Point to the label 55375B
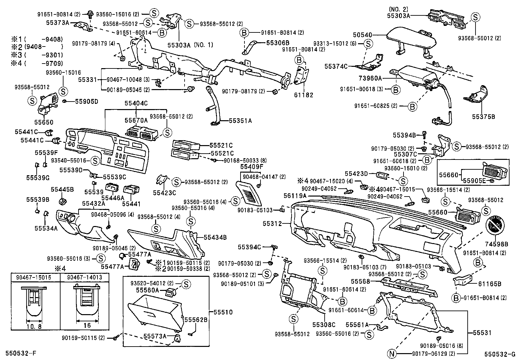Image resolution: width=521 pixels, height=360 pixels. (483, 116)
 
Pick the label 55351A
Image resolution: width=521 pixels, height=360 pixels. (240, 121)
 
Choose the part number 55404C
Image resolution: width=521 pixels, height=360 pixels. (136, 103)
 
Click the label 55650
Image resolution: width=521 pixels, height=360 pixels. (44, 122)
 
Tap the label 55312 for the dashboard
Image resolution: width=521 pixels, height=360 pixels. (272, 223)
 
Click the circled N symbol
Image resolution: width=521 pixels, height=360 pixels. (391, 354)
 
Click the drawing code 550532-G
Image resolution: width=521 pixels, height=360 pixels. (500, 354)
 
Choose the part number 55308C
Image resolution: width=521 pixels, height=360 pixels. (324, 325)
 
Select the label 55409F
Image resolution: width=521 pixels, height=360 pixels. (251, 167)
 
